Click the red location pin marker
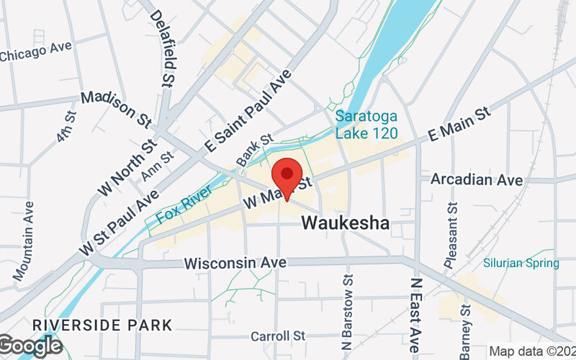pos(287,176)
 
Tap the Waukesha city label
pos(346,223)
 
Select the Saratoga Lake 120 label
pos(366,124)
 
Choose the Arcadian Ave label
pos(477,179)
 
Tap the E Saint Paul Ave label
pos(247,110)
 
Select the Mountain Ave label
pos(24,241)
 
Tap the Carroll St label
pos(278,336)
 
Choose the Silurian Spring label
pos(521,263)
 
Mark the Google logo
pos(30,346)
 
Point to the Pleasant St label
pos(451,236)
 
